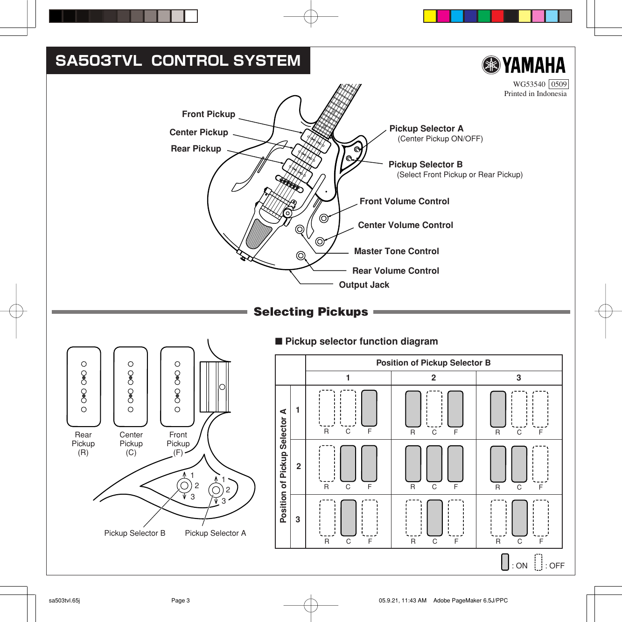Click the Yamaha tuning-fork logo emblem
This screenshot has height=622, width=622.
click(x=491, y=65)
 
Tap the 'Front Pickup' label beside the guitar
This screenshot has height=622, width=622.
click(x=209, y=114)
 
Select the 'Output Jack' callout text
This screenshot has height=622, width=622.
click(x=364, y=285)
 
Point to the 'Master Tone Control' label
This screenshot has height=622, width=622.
click(x=396, y=251)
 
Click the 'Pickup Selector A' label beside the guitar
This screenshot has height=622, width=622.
click(x=426, y=129)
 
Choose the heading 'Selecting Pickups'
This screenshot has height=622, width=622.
click(x=311, y=312)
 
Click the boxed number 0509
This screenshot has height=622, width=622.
click(x=559, y=84)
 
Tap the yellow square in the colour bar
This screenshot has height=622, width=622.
click(x=430, y=16)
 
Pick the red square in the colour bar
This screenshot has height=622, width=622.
click(x=497, y=16)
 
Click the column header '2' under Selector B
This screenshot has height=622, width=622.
click(x=433, y=378)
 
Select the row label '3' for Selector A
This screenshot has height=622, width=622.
click(x=298, y=519)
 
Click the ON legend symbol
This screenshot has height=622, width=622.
click(x=505, y=562)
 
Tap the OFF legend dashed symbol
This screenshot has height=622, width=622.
click(x=538, y=562)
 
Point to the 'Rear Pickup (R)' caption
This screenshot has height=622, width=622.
click(x=83, y=443)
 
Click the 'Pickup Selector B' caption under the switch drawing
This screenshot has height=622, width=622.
click(x=134, y=533)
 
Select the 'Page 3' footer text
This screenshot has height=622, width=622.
click(x=180, y=601)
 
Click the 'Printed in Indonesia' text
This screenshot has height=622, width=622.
click(x=535, y=94)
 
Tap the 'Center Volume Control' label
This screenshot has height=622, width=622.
click(x=405, y=225)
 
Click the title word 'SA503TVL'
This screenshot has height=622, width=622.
click(x=98, y=61)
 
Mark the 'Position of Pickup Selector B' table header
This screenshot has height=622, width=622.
click(x=433, y=363)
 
